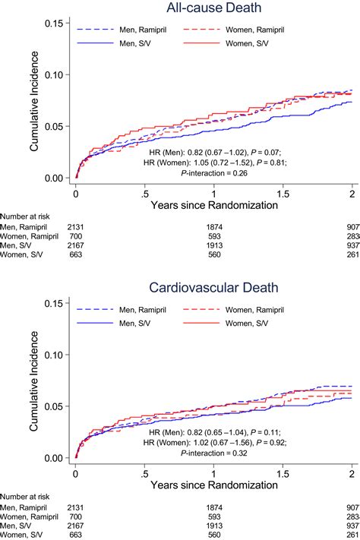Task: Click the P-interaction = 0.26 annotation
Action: coord(213,172)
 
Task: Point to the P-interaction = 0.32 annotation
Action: coord(213,453)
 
